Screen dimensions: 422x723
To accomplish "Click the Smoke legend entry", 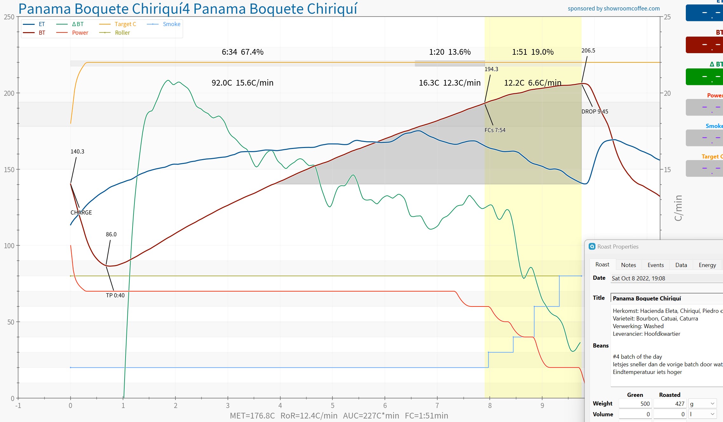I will tap(171, 24).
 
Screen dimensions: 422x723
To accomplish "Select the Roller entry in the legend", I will tap(122, 33).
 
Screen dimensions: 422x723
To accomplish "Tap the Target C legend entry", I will tap(125, 24).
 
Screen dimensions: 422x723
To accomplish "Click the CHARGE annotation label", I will tap(81, 213).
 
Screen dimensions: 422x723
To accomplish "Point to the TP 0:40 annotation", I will tap(115, 295).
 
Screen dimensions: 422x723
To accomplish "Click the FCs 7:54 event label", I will tap(495, 130).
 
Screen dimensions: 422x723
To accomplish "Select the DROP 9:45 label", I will tap(595, 112).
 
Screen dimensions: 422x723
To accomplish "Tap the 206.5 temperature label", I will tap(588, 51).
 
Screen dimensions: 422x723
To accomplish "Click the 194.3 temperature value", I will tap(491, 69).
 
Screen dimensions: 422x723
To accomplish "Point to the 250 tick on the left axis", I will tap(9, 17).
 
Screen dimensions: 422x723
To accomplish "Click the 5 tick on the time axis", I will tap(332, 405).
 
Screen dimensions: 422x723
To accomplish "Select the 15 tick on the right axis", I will tap(667, 170).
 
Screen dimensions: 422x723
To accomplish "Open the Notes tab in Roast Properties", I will tap(628, 265).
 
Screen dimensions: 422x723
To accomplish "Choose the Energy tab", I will tap(707, 265).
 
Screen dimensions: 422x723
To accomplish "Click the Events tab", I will tap(656, 265).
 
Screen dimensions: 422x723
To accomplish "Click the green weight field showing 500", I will tap(635, 404).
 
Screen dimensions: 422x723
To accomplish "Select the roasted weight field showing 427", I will tap(670, 404).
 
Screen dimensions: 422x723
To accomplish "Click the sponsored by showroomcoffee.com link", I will tap(614, 9).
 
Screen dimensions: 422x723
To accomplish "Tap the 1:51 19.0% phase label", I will tap(533, 52).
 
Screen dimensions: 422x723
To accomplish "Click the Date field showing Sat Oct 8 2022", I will tap(666, 278).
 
